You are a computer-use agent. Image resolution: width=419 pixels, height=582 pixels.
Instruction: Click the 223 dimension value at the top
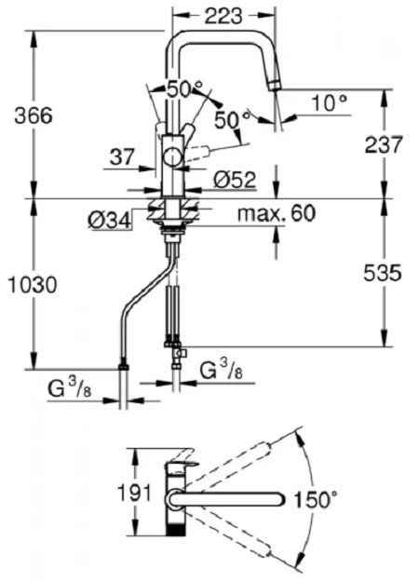click(223, 16)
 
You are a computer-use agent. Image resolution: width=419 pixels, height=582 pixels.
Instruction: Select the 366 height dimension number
click(34, 115)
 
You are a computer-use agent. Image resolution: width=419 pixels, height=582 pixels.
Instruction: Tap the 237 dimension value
click(384, 144)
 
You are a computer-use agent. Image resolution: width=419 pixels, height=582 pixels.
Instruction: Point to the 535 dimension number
click(383, 273)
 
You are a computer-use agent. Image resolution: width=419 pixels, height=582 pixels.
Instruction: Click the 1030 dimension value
click(33, 285)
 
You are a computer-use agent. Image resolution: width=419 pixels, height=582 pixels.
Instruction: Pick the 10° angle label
click(330, 102)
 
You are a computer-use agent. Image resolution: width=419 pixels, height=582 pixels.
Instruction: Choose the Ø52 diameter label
click(235, 180)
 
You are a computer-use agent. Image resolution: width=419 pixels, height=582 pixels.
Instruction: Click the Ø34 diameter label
click(110, 221)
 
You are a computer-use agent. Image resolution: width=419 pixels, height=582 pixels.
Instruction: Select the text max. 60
click(277, 213)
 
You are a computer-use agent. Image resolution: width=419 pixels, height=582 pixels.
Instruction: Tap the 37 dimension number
click(121, 157)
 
